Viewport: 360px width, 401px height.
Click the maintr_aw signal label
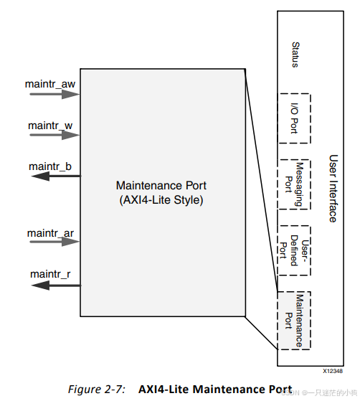pos(50,84)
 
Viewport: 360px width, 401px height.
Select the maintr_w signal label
pos(50,126)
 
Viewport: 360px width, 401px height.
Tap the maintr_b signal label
pos(50,166)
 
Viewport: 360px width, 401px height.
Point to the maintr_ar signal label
pos(50,233)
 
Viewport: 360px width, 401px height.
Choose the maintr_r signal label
pos(50,274)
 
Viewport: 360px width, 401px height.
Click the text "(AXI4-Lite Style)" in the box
pos(161,200)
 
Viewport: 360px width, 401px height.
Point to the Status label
pos(295,55)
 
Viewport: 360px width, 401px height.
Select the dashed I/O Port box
pos(311,118)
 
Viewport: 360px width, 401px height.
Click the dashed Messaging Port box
pos(311,184)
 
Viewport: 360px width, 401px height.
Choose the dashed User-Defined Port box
pos(311,250)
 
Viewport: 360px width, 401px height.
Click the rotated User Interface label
pos(333,189)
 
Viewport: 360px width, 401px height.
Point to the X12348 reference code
pos(333,371)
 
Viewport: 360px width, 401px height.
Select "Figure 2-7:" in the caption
pos(96,390)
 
